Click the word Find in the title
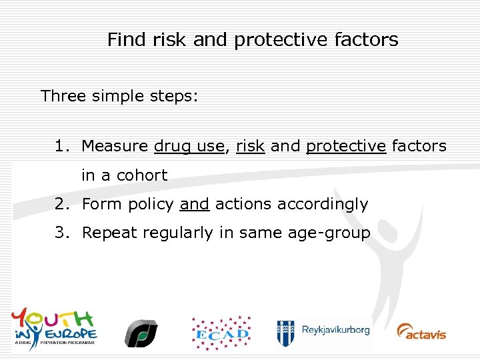[127, 40]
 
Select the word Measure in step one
[115, 146]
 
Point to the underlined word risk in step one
[250, 146]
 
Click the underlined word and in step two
[194, 204]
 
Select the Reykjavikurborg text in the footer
[335, 330]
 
